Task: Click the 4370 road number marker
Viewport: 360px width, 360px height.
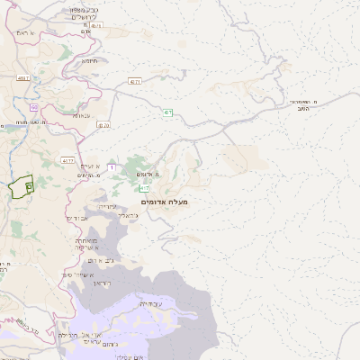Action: [103, 125]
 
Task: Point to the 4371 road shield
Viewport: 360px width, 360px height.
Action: [135, 82]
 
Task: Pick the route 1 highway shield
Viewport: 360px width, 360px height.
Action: [112, 167]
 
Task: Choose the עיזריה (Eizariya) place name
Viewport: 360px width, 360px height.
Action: [105, 206]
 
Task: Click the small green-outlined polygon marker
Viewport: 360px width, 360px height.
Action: [20, 186]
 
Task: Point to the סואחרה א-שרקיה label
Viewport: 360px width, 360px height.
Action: [84, 244]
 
